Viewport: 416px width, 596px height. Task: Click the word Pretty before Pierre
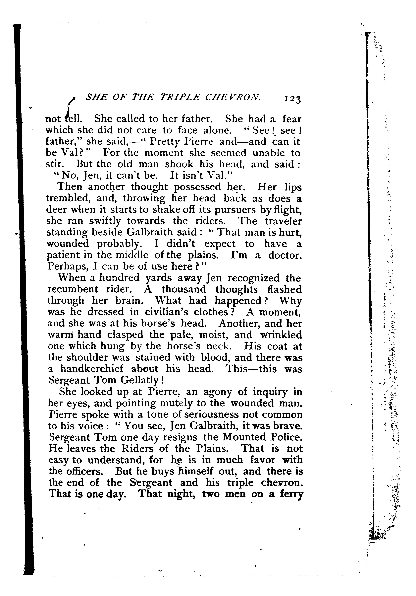(x=166, y=142)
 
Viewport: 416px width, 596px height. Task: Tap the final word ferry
(x=291, y=494)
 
